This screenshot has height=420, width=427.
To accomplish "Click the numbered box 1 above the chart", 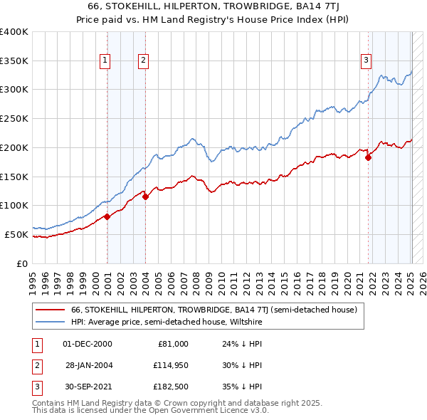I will coord(105,61).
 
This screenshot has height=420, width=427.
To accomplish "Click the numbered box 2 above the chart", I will coord(143,61).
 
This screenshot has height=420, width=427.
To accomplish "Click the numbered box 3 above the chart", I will coord(366,61).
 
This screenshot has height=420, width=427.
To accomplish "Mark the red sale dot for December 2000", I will coord(107,216).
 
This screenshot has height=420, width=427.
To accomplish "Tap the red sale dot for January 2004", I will coord(145,197).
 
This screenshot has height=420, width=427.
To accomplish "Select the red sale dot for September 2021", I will coord(369,158).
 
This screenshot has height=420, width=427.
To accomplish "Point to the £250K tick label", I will coord(14,119).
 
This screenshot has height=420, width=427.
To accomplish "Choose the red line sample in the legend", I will coord(50,310).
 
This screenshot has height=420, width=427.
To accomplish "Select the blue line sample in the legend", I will coord(50,322).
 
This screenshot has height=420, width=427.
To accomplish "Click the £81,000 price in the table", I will coord(173,344).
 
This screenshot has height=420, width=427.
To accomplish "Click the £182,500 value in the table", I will coord(171,388).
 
